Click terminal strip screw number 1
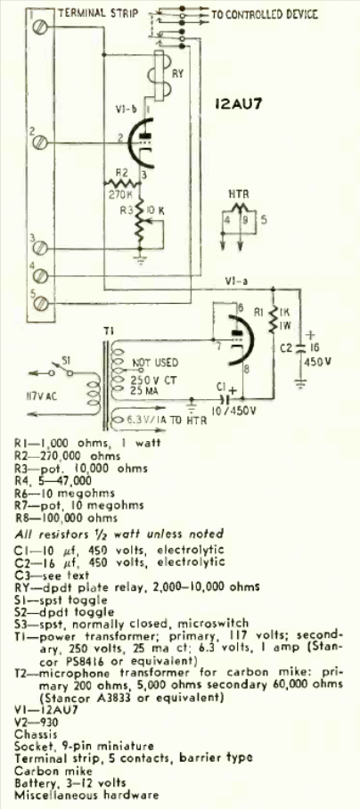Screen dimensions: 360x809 click(x=38, y=28)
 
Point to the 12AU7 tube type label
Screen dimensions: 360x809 click(x=237, y=105)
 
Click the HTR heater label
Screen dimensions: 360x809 click(x=239, y=194)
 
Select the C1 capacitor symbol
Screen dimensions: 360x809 click(x=225, y=399)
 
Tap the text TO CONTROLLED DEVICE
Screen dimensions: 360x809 click(x=265, y=14)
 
